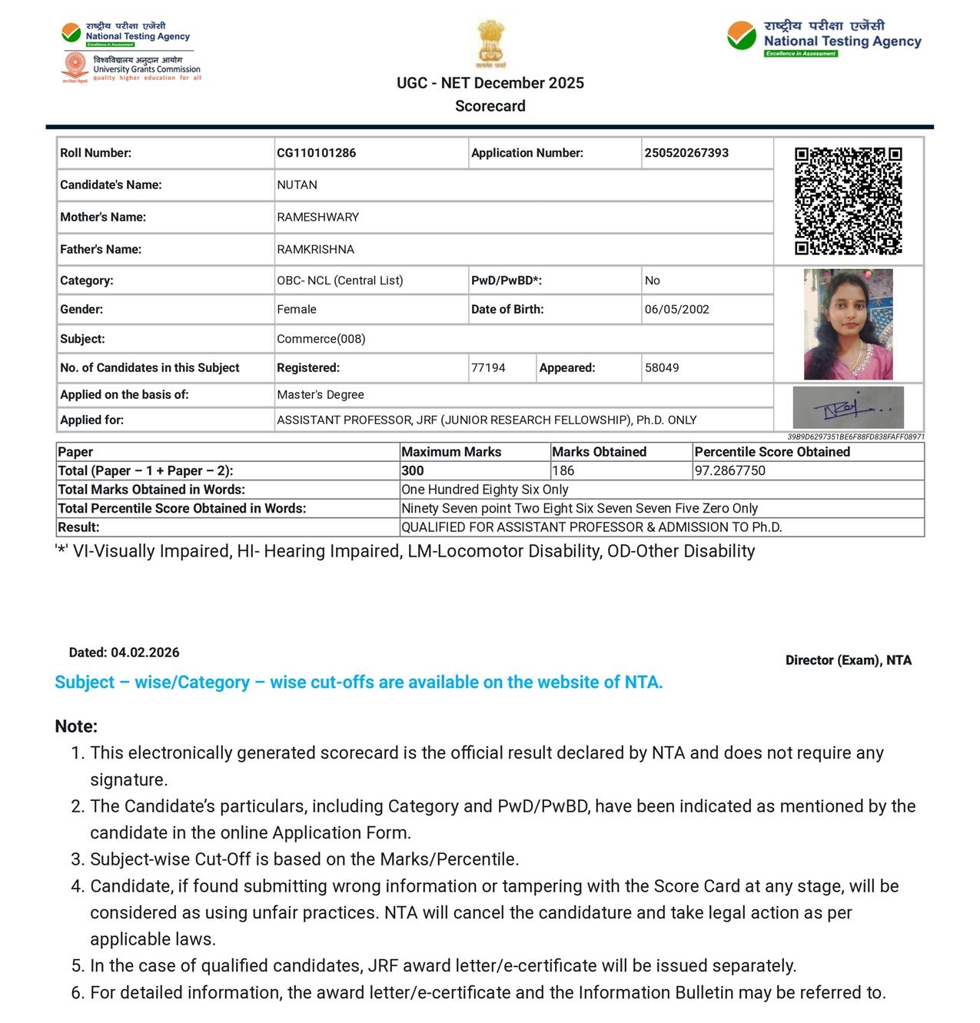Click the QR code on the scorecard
(848, 201)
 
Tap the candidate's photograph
(848, 324)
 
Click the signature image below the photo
(848, 407)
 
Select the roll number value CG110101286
(316, 153)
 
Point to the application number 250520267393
(686, 153)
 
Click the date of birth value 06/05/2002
(676, 310)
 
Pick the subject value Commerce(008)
(321, 339)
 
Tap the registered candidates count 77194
(488, 368)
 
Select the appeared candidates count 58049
(662, 368)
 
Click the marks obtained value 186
(563, 471)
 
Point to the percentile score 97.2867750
(729, 471)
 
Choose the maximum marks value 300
(413, 471)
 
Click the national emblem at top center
(490, 45)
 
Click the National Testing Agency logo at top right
(824, 38)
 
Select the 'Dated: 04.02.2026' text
(124, 653)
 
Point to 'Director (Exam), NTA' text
(848, 660)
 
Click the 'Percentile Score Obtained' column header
(772, 452)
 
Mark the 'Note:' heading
(76, 726)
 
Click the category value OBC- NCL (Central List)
(340, 281)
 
